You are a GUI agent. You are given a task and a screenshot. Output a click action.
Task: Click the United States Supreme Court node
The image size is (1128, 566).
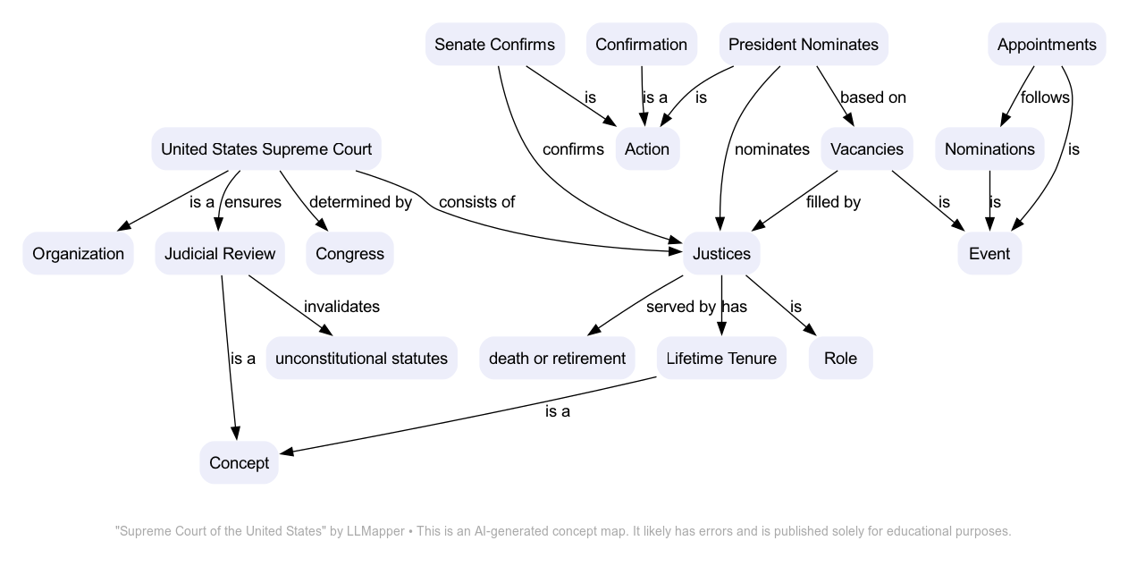[266, 148]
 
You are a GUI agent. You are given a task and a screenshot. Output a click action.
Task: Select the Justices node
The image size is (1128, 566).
[722, 253]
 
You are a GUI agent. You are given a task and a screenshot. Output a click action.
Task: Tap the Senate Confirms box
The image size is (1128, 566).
[494, 44]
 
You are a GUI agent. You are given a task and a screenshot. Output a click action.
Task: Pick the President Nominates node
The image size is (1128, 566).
[803, 44]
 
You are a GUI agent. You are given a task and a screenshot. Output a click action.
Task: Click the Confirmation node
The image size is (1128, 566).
[641, 44]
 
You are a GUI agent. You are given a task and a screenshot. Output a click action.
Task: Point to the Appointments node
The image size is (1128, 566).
[1046, 44]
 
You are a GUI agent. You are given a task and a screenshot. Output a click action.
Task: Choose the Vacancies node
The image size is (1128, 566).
[866, 148]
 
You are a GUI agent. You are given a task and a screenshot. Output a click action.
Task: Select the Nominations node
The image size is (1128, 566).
[989, 148]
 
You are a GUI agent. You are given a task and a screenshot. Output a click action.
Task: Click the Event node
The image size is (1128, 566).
[989, 253]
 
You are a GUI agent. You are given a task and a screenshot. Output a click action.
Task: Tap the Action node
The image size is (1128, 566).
[647, 148]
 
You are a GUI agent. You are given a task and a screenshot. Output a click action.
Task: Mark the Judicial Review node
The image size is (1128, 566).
[220, 253]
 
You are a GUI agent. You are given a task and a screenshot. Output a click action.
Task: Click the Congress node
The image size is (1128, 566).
[349, 253]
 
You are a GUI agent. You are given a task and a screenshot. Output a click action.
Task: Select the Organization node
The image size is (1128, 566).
[78, 253]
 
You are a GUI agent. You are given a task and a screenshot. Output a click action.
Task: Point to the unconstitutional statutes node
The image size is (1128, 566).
[361, 358]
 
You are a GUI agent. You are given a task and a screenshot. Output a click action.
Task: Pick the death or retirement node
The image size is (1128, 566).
[557, 358]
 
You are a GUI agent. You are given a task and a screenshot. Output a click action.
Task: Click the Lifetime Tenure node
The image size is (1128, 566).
[721, 358]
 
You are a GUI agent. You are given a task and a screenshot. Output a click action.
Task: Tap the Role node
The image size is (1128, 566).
[840, 358]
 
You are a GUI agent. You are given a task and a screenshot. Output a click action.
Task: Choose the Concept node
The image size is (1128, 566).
[239, 462]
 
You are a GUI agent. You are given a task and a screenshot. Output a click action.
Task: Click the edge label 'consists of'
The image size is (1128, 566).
[476, 201]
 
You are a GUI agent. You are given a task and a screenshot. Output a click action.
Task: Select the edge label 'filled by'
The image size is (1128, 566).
[833, 201]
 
